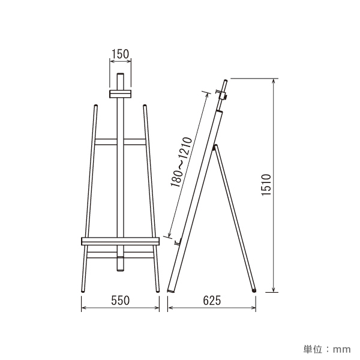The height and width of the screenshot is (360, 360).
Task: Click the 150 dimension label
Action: click(x=121, y=54)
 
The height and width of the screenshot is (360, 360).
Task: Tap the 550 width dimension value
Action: click(x=121, y=301)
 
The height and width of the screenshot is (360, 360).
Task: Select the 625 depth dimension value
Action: click(x=212, y=301)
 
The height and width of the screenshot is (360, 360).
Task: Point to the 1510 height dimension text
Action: click(x=266, y=185)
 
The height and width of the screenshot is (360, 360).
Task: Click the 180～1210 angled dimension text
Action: click(x=181, y=162)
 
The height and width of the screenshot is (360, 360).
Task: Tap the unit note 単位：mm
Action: click(x=327, y=349)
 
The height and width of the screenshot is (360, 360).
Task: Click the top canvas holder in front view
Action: click(x=120, y=94)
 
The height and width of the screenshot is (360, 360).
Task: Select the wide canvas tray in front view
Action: click(x=120, y=241)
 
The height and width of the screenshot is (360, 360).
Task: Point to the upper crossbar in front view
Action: click(x=121, y=142)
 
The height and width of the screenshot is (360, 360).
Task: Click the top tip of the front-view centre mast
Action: click(x=121, y=74)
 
